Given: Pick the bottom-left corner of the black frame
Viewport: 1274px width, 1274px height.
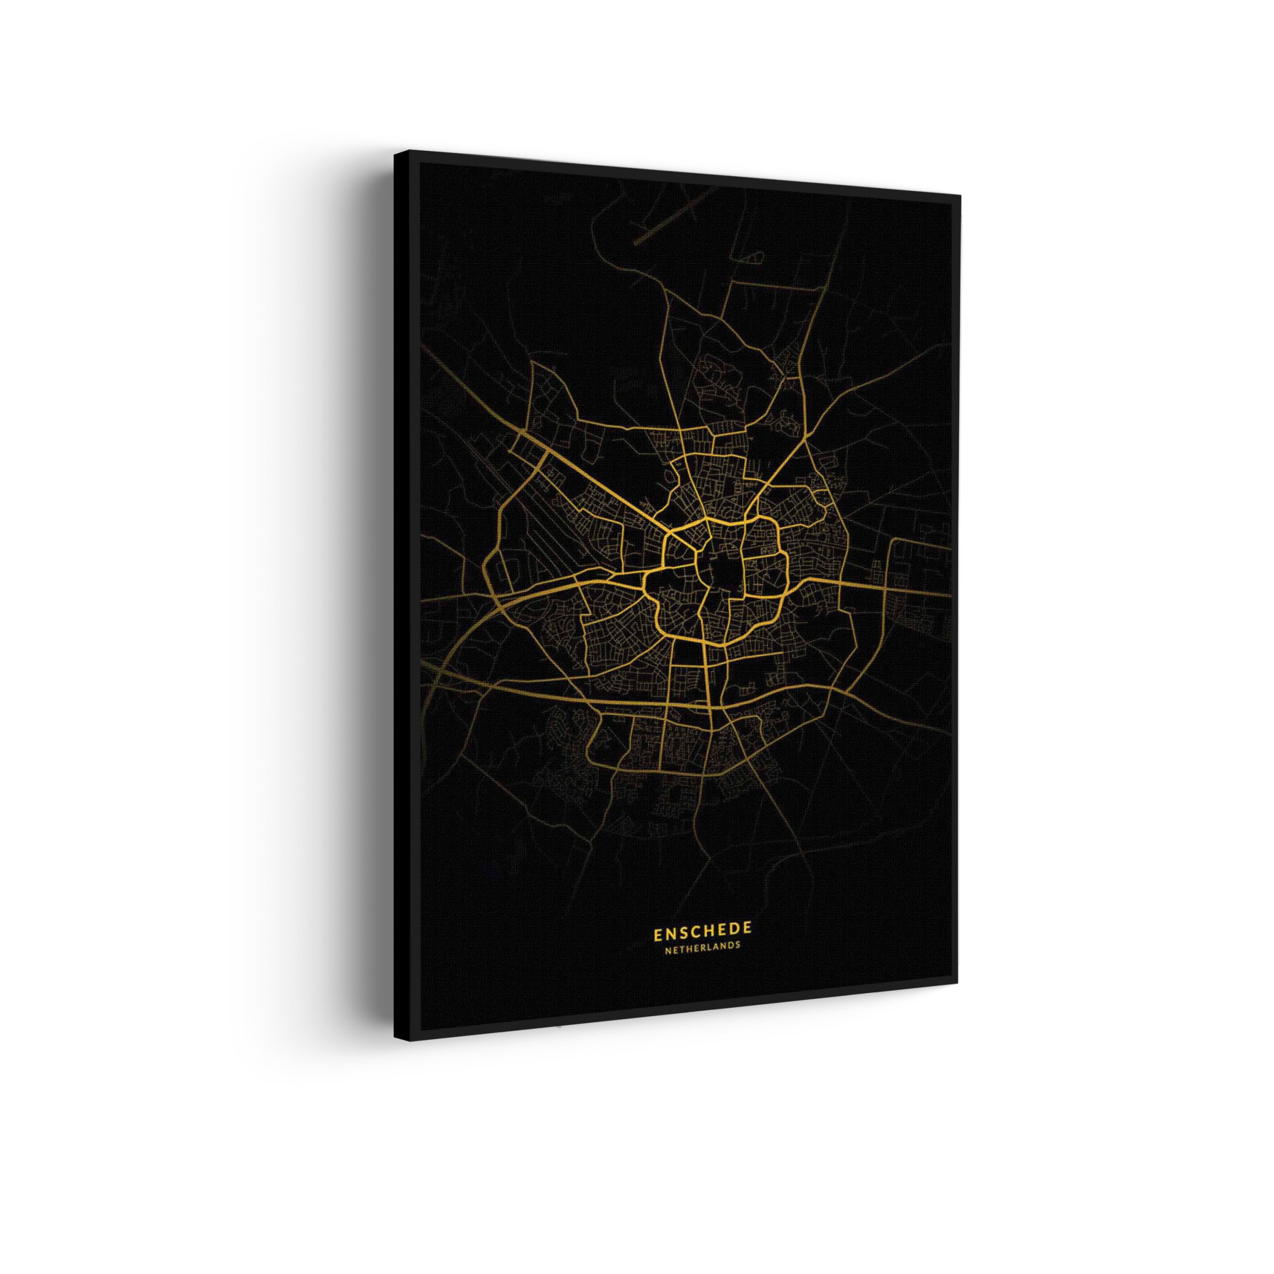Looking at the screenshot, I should coord(396,1039).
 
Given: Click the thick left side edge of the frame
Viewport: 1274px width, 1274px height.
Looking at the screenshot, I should coord(402,594).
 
